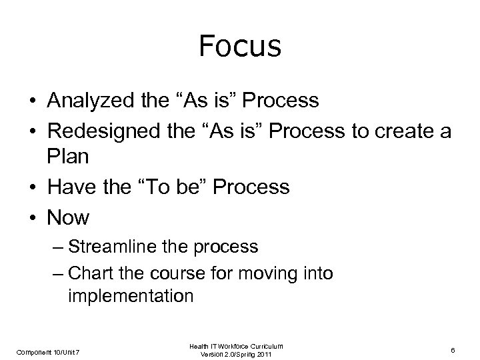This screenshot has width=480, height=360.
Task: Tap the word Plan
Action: coord(67,158)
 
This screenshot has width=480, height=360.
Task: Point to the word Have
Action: coord(69,187)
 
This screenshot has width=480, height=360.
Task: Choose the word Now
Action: coord(67,217)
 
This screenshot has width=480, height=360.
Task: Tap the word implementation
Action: coord(131,296)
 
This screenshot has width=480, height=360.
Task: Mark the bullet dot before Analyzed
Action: coord(33,101)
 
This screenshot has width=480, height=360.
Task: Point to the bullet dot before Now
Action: coord(33,217)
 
